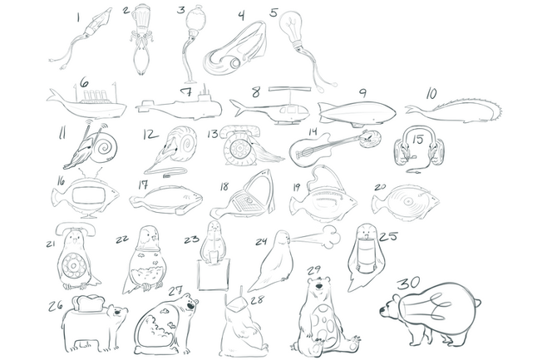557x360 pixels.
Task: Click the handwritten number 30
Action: coord(408,283)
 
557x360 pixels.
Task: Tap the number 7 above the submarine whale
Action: coord(187,91)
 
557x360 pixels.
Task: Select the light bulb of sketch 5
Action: coord(292,27)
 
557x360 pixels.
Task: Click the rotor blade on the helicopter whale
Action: coord(290,88)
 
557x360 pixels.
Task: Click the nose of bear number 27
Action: coord(191,306)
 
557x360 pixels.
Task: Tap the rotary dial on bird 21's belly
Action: coord(73,265)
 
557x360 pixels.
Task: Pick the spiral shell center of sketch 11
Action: coord(106,146)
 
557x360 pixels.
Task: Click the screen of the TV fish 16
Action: coord(89,195)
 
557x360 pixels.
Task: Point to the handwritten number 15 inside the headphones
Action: coord(417,140)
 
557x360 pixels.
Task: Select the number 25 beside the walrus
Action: coord(388,236)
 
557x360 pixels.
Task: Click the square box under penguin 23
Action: coord(214,274)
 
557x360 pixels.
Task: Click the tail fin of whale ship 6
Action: coord(53,97)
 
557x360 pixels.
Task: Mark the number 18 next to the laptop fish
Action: coord(224,186)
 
